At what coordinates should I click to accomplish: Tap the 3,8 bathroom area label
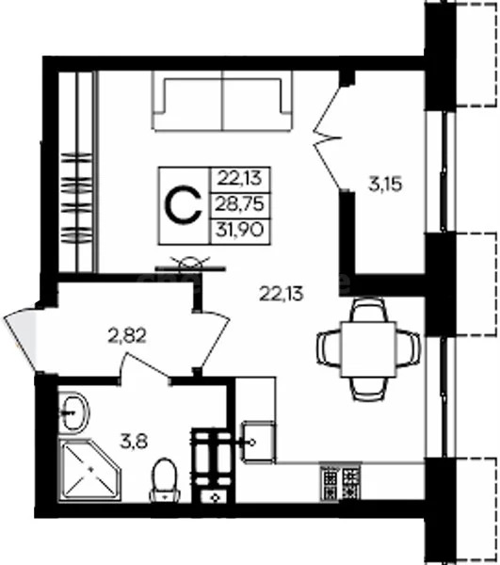[x=124, y=438]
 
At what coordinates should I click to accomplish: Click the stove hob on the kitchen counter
[x=339, y=483]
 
